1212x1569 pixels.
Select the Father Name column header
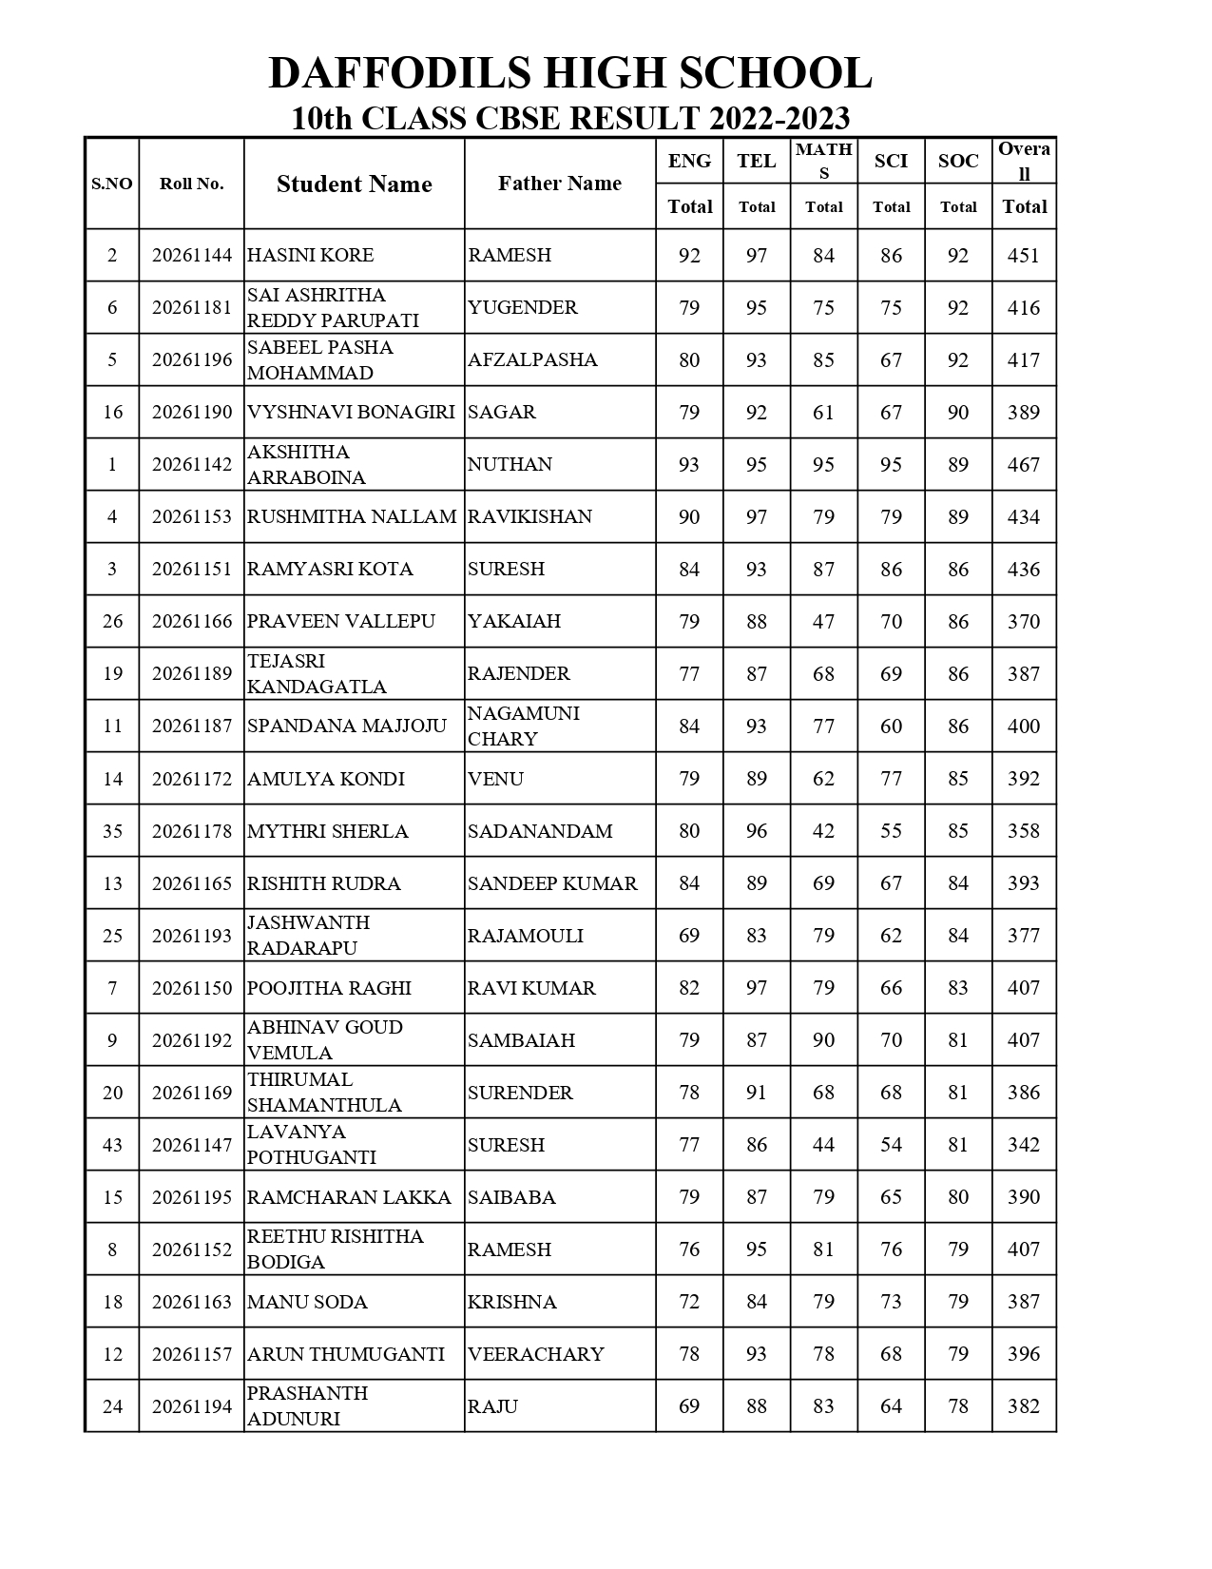pos(559,184)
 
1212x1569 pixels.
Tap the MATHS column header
pos(823,161)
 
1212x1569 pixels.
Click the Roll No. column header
pos(191,184)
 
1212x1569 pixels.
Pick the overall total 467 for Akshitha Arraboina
pos(1023,465)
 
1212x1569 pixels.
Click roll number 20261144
pos(191,256)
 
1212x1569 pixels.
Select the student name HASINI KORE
pos(310,256)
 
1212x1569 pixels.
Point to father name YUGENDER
pos(522,308)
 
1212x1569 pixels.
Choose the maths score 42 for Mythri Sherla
pos(823,831)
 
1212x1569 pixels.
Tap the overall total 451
pos(1023,256)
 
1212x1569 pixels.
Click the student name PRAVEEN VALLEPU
pos(340,622)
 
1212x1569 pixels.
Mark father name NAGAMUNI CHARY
pos(523,726)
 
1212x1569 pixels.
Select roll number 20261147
pos(191,1145)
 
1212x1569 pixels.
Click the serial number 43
pos(112,1145)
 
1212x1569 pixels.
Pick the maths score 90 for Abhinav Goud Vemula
pos(823,1040)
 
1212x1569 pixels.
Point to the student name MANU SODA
pos(307,1302)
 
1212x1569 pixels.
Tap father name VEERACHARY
pos(535,1354)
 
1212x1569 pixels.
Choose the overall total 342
pos(1023,1145)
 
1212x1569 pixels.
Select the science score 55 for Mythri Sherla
pos(891,831)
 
